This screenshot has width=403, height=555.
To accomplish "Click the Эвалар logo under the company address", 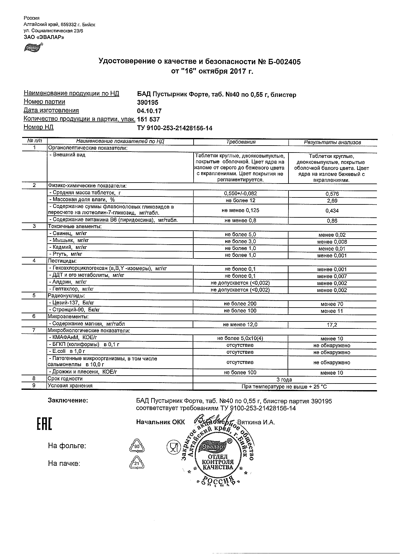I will pos(33,47).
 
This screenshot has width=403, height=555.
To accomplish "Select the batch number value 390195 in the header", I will pos(147,103).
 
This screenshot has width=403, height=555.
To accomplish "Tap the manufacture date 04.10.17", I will pos(149,111).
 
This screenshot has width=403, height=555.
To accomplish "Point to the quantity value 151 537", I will pos(148,120).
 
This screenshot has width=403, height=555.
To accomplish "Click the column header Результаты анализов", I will pos(332,142).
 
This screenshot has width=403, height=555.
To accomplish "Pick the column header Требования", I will pos(241,142).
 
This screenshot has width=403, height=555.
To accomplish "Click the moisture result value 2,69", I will pos(332,201).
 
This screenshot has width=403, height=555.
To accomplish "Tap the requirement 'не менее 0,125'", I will pos(240,210).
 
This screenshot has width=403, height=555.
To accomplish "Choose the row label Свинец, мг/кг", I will pos(68,234).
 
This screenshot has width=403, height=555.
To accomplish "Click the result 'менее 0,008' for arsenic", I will pos(332,242).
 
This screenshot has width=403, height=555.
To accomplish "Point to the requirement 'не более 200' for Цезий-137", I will pos(240,304).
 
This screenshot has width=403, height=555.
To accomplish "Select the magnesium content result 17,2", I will pos(332,325).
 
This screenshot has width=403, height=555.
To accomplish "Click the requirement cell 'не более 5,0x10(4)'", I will pos(240,338).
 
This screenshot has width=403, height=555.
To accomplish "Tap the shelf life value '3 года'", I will pos(284,379).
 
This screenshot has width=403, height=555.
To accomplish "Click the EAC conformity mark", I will pos(44,424).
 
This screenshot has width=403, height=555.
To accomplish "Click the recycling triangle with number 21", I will pos(137,463).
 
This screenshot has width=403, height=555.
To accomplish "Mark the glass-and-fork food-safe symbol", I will pos(173,446).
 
